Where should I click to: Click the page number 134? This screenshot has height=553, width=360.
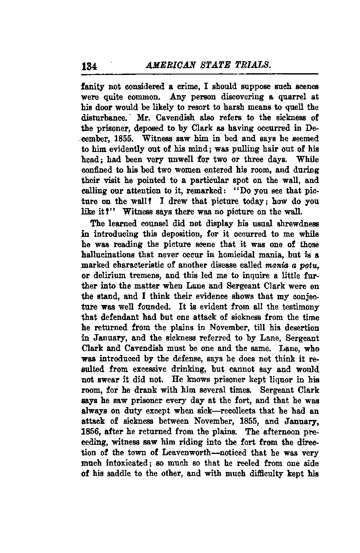click(x=90, y=67)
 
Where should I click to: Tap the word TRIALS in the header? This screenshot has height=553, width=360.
click(x=254, y=66)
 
